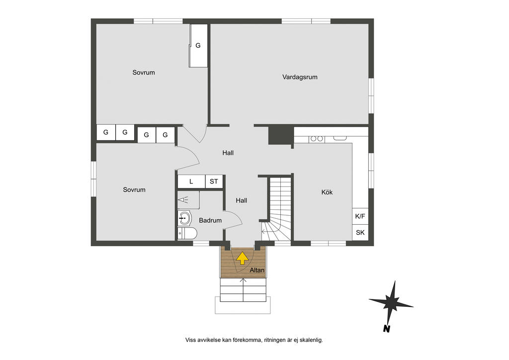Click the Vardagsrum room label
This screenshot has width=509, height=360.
tap(300, 77)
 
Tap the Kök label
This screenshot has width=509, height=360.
tap(327, 192)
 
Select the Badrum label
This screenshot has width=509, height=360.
tap(210, 220)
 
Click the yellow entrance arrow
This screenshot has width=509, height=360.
tap(242, 258)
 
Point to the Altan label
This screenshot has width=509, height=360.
tap(257, 270)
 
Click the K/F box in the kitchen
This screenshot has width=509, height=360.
tap(360, 216)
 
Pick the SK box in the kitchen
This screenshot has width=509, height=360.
tap(360, 232)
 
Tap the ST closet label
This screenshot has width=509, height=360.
tap(214, 181)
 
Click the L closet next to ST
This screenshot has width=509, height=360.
tap(191, 181)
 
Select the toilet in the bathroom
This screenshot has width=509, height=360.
tap(187, 233)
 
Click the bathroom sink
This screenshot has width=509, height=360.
tap(185, 218)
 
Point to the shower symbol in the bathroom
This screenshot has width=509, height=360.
tap(183, 199)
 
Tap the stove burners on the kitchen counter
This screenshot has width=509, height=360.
tap(317, 139)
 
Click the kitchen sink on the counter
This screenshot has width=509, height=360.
tap(340, 138)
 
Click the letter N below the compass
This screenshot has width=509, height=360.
tap(386, 329)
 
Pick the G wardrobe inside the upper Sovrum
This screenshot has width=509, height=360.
tap(198, 45)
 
